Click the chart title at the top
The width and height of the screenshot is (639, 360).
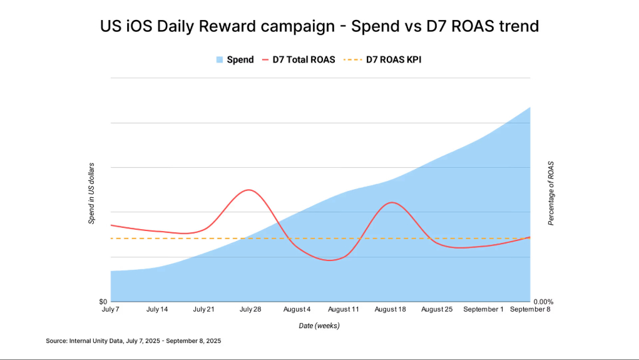(x=319, y=27)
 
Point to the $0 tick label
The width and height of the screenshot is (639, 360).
(x=102, y=302)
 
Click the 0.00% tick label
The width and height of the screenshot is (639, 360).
(x=543, y=302)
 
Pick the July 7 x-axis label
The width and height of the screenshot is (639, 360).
(x=111, y=310)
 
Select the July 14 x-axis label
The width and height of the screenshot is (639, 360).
(x=157, y=310)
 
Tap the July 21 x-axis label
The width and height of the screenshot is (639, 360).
(x=203, y=310)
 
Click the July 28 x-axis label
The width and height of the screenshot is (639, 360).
(x=250, y=310)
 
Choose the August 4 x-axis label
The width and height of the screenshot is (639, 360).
(x=297, y=310)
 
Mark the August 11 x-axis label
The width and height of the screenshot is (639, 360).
(x=344, y=310)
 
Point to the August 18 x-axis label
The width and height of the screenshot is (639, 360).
(x=390, y=310)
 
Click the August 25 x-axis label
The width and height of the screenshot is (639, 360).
(x=437, y=310)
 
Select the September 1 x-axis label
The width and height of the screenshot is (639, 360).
(x=483, y=310)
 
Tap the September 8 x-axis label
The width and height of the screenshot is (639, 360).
(x=530, y=310)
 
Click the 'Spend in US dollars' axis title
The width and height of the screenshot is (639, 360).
(x=91, y=193)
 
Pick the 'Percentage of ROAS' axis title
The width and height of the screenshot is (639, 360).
(x=551, y=193)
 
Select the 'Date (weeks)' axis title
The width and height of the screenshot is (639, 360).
(x=319, y=326)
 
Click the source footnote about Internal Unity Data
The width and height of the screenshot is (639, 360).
(x=133, y=341)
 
